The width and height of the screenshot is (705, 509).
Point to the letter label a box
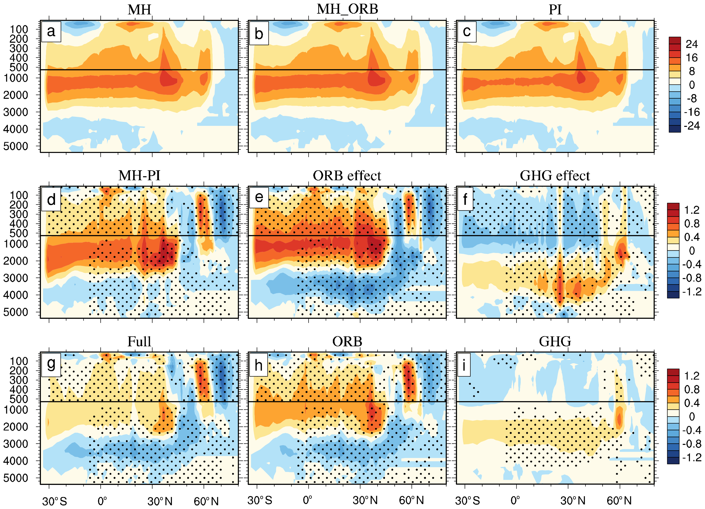[51, 31]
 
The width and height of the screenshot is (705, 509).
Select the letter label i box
[464, 365]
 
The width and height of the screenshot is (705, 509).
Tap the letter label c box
[467, 31]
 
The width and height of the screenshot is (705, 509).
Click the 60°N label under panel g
[206, 501]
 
